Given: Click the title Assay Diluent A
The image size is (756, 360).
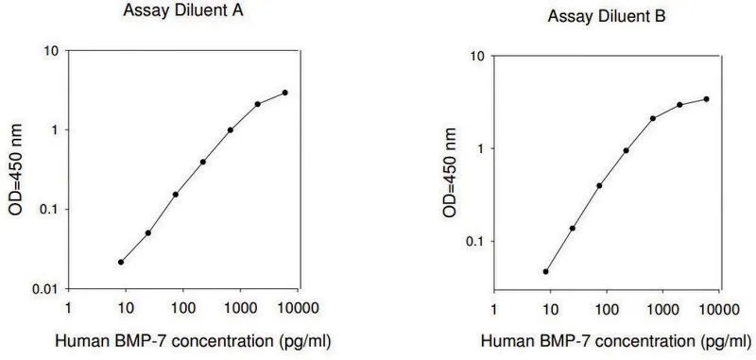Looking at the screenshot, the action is [183, 11].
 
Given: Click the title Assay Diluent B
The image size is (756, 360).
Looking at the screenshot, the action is [607, 17].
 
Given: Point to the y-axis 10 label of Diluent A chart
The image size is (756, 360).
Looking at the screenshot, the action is [51, 51].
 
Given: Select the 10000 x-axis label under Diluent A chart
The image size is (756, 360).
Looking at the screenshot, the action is [298, 308].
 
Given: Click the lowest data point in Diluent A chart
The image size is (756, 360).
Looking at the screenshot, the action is [121, 262].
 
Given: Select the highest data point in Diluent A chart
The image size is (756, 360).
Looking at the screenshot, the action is [285, 93].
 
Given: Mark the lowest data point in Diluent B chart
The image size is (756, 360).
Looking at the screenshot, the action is [546, 272].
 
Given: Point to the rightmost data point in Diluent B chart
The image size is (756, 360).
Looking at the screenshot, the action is [706, 99].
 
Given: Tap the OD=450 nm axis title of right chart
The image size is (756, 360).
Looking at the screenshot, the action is [449, 173].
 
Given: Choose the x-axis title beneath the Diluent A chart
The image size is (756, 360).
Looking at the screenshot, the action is [194, 341].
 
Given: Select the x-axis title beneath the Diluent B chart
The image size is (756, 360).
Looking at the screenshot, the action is [616, 342].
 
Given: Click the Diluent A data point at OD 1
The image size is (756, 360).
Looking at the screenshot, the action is [231, 130].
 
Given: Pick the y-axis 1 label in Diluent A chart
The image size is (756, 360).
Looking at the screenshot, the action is [54, 130].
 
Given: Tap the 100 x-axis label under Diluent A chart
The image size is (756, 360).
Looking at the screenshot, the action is [182, 308].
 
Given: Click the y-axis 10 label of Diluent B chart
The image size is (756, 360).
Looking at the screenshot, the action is [477, 57].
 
